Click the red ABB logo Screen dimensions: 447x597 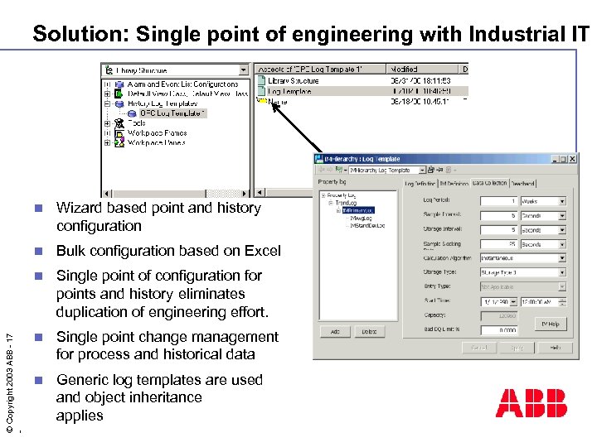[531, 403]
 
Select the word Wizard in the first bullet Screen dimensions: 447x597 [81, 209]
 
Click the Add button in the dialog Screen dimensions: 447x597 [335, 331]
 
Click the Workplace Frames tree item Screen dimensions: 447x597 [157, 132]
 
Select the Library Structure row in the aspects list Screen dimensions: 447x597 [293, 81]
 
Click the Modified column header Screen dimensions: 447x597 [405, 70]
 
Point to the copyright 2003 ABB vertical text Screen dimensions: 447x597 [9, 381]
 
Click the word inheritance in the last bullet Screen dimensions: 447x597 [158, 397]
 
